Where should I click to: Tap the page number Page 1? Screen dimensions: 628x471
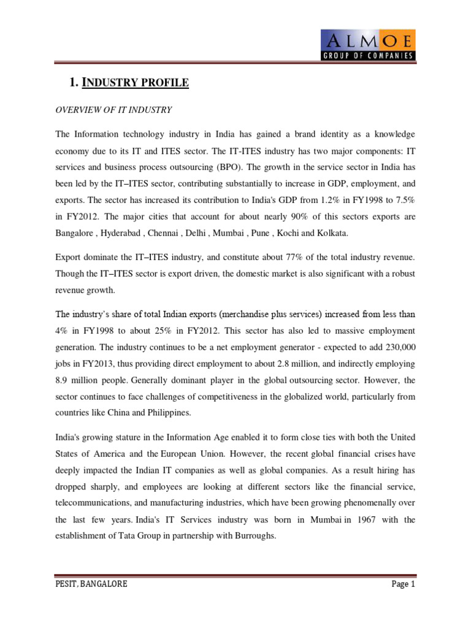[x=404, y=584]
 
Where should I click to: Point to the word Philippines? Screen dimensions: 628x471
[x=167, y=413]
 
